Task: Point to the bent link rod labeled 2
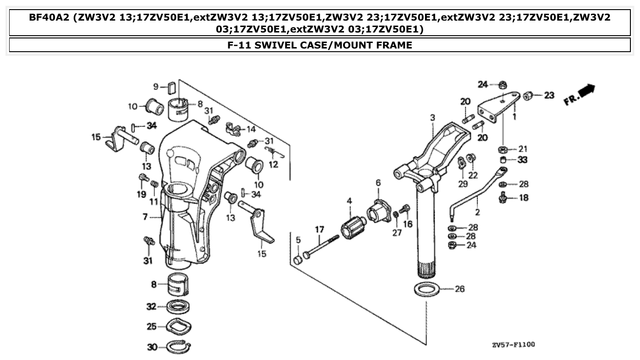point(476,192)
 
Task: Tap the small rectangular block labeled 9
point(172,86)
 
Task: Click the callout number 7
point(145,217)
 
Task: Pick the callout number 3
point(432,118)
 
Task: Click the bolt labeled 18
point(503,198)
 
